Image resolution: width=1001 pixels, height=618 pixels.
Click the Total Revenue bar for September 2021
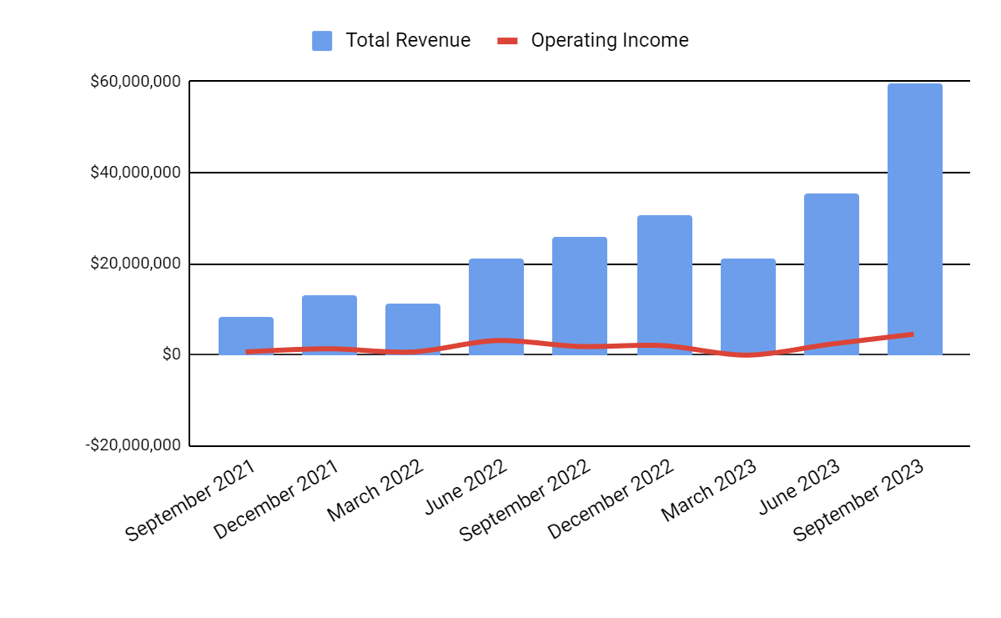246,335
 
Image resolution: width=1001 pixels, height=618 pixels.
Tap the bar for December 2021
329,324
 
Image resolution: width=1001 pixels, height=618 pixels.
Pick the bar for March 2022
413,329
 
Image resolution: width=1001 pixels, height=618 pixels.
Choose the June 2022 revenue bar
496,306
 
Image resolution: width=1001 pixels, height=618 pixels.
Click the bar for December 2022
664,284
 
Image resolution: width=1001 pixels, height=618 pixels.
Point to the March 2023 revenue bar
747,306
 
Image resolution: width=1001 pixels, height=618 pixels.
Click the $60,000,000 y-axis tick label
136,82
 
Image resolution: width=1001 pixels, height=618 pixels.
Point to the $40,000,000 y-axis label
136,173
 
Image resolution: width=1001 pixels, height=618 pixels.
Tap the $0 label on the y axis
170,354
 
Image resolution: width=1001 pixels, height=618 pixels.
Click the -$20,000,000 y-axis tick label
133,445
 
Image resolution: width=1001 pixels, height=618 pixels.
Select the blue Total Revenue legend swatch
322,40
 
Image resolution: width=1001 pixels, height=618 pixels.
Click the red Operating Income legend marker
507,40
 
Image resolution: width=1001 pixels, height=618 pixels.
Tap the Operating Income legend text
610,40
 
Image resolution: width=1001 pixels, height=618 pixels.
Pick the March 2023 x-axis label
711,492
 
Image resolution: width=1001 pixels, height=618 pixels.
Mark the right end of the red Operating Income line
913,334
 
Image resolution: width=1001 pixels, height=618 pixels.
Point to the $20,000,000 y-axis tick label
136,264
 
